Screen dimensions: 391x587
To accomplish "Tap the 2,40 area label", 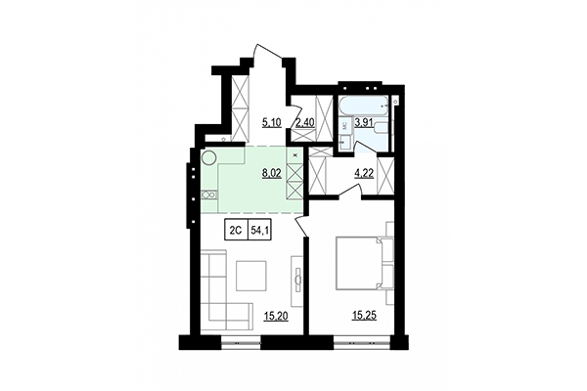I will coord(304,123).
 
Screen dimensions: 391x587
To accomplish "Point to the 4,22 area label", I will coord(364,177).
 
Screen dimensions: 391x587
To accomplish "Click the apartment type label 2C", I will coord(236,231).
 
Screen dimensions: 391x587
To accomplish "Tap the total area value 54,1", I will coord(263,231).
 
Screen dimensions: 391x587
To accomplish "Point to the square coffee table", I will coord(251,276).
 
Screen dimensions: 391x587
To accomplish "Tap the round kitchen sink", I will coord(208,157).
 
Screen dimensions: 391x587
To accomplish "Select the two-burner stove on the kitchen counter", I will coord(207,195).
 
